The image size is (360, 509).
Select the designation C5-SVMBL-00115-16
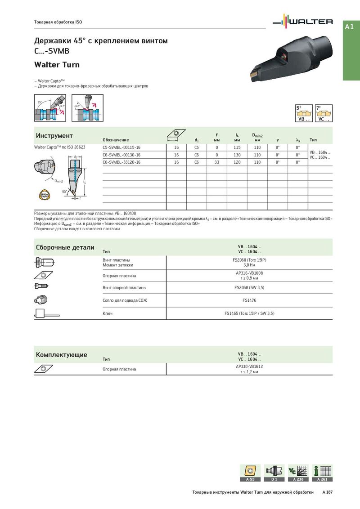click(x=121, y=147)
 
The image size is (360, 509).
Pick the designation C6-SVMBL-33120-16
click(x=121, y=162)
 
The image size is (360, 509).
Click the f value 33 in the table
click(x=216, y=162)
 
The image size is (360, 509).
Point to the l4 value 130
click(x=237, y=155)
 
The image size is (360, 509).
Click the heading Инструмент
click(x=54, y=136)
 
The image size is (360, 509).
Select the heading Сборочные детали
click(x=65, y=247)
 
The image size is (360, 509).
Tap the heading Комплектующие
click(x=62, y=355)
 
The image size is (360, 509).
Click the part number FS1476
click(x=249, y=300)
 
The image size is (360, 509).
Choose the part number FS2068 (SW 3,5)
click(x=249, y=287)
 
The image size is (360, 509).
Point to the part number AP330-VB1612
click(x=249, y=366)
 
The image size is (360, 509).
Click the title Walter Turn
click(x=57, y=65)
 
